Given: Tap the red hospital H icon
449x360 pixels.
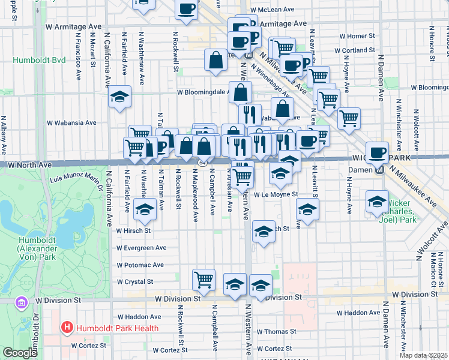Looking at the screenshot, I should pos(67,328).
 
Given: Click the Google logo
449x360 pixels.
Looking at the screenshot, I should pos(20,353).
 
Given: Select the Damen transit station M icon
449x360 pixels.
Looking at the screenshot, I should pos(379,170).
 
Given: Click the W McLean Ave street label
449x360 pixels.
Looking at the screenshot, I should pos(273,10).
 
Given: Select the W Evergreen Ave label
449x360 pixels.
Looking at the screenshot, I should pos(141,247).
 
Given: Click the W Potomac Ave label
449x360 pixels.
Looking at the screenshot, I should pos(140,265).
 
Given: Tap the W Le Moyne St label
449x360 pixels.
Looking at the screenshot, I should pos(276,194).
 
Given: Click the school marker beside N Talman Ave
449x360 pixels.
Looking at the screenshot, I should pos(144,209).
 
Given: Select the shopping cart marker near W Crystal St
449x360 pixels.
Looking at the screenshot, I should pos(204,278).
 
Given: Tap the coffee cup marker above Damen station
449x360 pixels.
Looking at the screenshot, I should pos(378,152).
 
